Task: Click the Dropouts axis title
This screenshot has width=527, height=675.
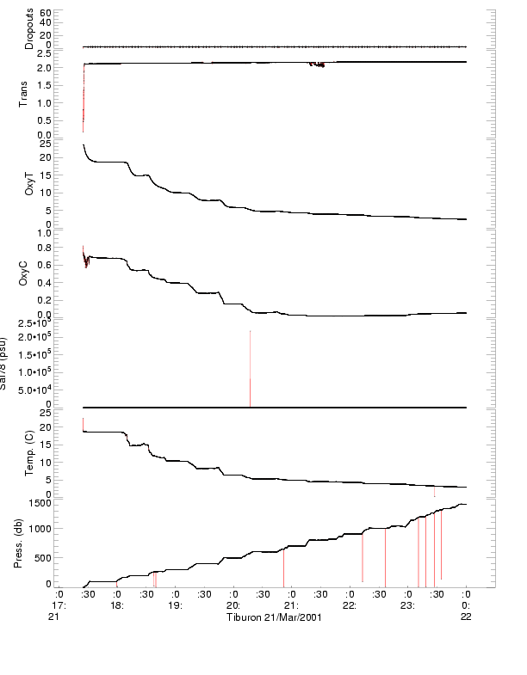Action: [29, 29]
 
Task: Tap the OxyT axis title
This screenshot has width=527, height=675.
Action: [29, 182]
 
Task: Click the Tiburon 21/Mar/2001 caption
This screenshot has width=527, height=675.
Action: [274, 617]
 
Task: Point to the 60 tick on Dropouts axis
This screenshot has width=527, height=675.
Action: [45, 14]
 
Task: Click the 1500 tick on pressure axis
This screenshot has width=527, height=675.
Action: [40, 503]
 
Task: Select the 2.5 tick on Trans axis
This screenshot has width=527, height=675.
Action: [43, 52]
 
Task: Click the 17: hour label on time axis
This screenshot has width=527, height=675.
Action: [59, 604]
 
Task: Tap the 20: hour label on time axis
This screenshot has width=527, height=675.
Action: [233, 604]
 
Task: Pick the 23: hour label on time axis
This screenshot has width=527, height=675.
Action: [408, 604]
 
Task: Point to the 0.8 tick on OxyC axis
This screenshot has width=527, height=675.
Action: [45, 249]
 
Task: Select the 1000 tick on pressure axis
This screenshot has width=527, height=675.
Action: [40, 529]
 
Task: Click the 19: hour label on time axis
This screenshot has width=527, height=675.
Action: [175, 604]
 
